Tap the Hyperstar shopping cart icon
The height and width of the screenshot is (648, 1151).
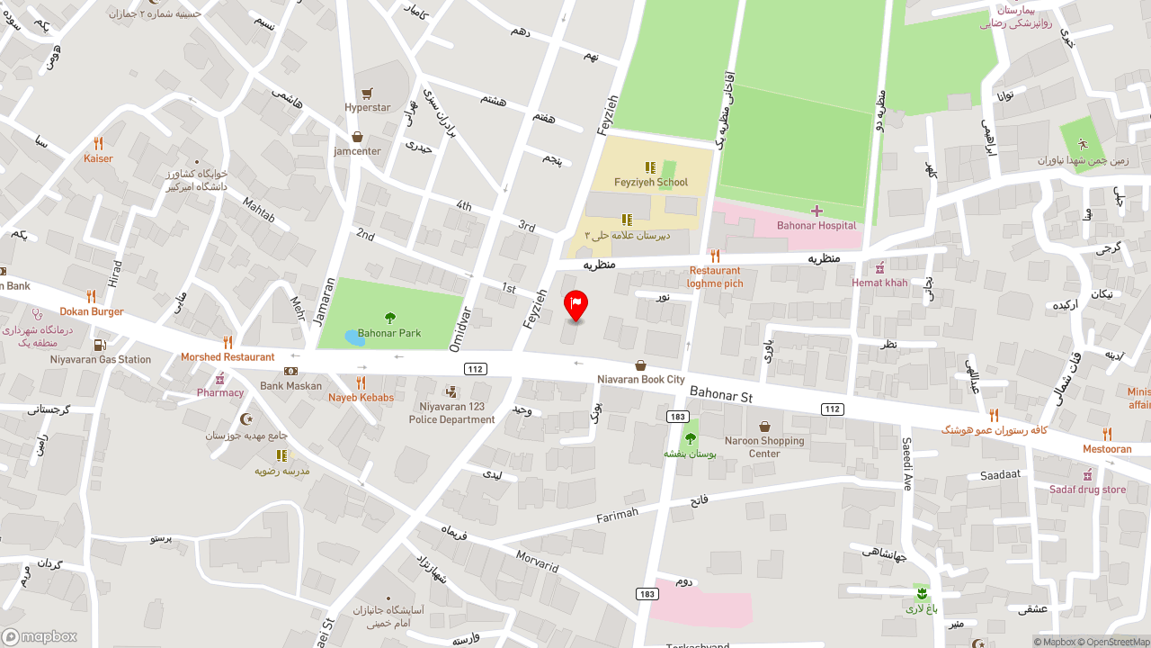pos(367,94)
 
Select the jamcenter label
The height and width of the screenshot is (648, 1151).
pos(357,151)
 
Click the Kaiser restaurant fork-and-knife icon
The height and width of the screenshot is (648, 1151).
pos(98,143)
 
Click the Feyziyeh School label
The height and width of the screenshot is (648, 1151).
pos(650,183)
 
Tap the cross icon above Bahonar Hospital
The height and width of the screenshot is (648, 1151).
pos(816,211)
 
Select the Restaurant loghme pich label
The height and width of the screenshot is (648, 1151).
pos(715,277)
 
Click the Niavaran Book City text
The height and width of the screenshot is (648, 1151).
pos(640,380)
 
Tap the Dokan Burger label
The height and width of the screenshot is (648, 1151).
pos(92,312)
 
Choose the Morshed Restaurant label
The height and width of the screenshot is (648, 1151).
pos(228,357)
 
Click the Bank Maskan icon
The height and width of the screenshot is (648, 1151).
pos(290,371)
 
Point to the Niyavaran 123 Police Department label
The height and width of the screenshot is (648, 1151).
pos(451,413)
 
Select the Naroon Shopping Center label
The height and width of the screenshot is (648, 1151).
pos(764,447)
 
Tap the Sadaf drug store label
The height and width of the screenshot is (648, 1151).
pos(1087,490)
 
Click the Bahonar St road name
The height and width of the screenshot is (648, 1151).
pos(720,395)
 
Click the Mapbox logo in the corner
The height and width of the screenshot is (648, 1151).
pos(40,636)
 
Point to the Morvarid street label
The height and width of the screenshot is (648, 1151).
pos(537,561)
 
